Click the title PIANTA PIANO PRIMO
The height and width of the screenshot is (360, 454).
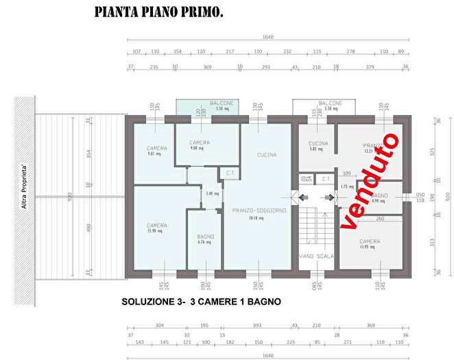point(158,12)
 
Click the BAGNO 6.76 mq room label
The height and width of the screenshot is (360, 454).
point(204,239)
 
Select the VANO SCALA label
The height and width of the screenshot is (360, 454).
point(316,256)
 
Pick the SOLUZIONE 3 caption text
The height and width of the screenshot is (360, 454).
point(201,301)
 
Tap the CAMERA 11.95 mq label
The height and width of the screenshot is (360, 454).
point(370,244)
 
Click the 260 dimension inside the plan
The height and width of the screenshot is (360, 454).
point(379,219)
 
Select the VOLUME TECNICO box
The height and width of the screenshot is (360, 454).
point(307,179)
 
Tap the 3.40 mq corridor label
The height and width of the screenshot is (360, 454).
point(213,193)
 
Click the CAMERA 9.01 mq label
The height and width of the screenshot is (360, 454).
point(156,151)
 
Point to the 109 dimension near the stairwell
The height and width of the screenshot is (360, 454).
point(347,173)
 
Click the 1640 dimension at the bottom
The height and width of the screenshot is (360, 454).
point(268,356)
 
